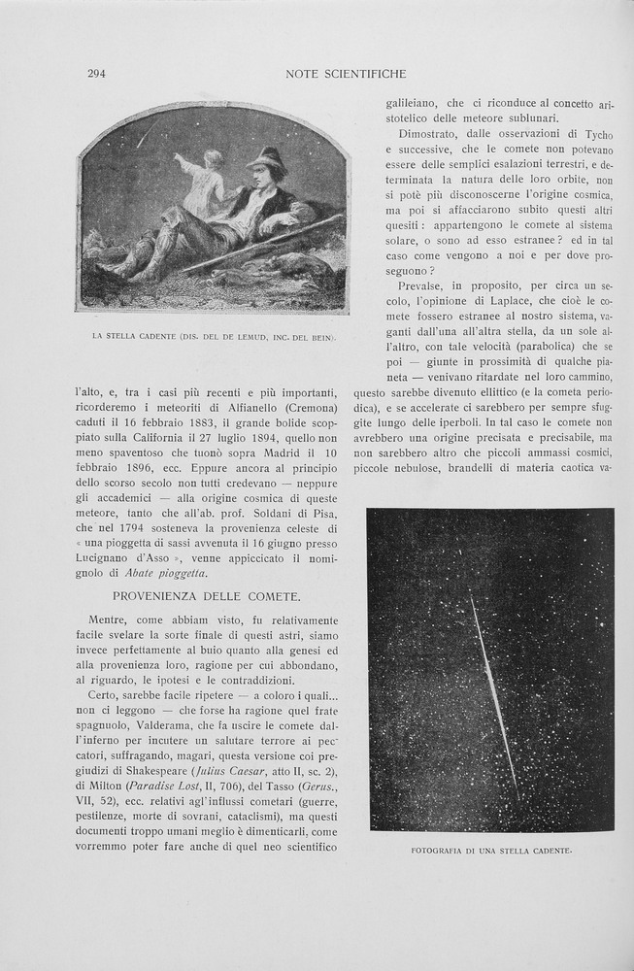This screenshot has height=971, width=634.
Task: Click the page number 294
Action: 96,74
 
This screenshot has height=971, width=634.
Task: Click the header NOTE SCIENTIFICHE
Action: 347,74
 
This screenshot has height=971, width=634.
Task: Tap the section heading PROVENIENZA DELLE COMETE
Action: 207,595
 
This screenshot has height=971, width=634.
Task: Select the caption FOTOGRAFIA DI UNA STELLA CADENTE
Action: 491,852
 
